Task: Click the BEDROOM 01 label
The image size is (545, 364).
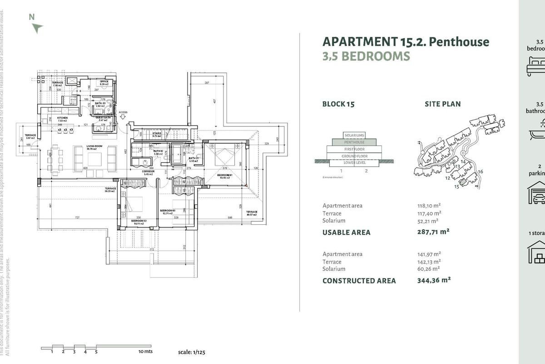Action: click(x=225, y=175)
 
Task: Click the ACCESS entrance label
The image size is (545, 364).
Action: click(x=124, y=112)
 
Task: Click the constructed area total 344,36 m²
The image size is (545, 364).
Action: click(x=434, y=280)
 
